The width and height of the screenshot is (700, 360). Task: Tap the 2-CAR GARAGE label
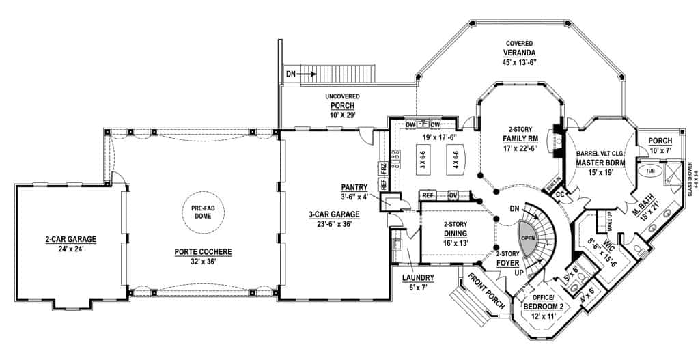tap(67, 243)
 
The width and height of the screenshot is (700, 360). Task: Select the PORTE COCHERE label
tap(203, 256)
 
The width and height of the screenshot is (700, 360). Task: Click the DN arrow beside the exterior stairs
tap(300, 73)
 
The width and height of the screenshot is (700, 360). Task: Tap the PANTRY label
tap(354, 191)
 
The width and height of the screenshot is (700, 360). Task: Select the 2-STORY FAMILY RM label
tap(520, 138)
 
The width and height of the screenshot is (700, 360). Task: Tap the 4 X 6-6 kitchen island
tap(452, 164)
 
